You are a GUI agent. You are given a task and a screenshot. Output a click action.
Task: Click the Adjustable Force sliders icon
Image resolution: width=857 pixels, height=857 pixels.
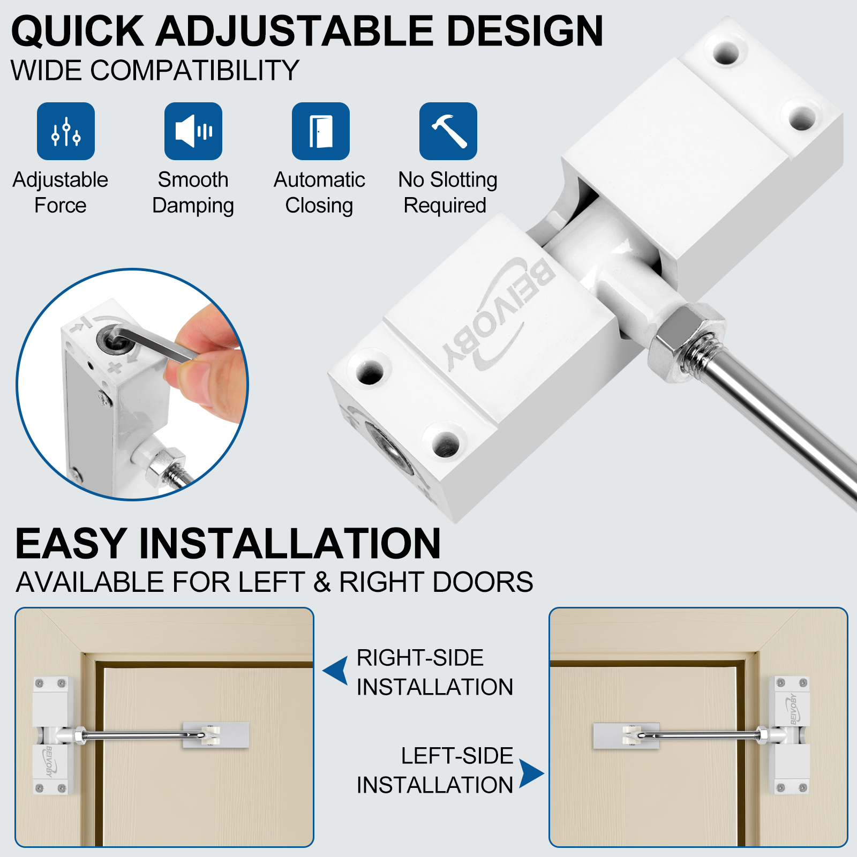tap(66, 131)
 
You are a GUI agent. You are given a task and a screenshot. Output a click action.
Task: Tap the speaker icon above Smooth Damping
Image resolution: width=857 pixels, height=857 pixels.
tap(193, 131)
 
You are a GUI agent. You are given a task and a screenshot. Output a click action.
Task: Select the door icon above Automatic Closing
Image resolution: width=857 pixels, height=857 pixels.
tap(321, 131)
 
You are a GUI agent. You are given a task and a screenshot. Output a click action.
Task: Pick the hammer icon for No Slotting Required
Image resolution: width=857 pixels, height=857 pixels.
tap(448, 131)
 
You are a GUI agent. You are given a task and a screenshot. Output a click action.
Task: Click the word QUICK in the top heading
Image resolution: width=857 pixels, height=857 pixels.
tap(78, 31)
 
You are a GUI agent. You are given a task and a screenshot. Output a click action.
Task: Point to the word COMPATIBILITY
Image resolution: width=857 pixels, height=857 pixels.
tap(195, 70)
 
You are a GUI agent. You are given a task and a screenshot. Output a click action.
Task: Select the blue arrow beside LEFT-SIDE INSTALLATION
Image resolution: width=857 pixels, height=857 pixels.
tap(531, 773)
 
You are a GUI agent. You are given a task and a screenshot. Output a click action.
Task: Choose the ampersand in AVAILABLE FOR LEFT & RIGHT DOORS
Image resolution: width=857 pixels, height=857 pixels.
tap(322, 582)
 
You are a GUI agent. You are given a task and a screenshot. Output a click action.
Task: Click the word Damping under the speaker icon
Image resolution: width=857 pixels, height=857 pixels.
tap(193, 206)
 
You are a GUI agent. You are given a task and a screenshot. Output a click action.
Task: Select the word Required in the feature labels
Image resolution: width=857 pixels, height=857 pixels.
tap(445, 205)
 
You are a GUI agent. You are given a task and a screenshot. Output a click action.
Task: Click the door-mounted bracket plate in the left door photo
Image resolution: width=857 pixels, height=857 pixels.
tap(216, 735)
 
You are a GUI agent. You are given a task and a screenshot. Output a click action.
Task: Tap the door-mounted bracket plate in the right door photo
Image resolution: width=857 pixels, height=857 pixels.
tap(626, 736)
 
